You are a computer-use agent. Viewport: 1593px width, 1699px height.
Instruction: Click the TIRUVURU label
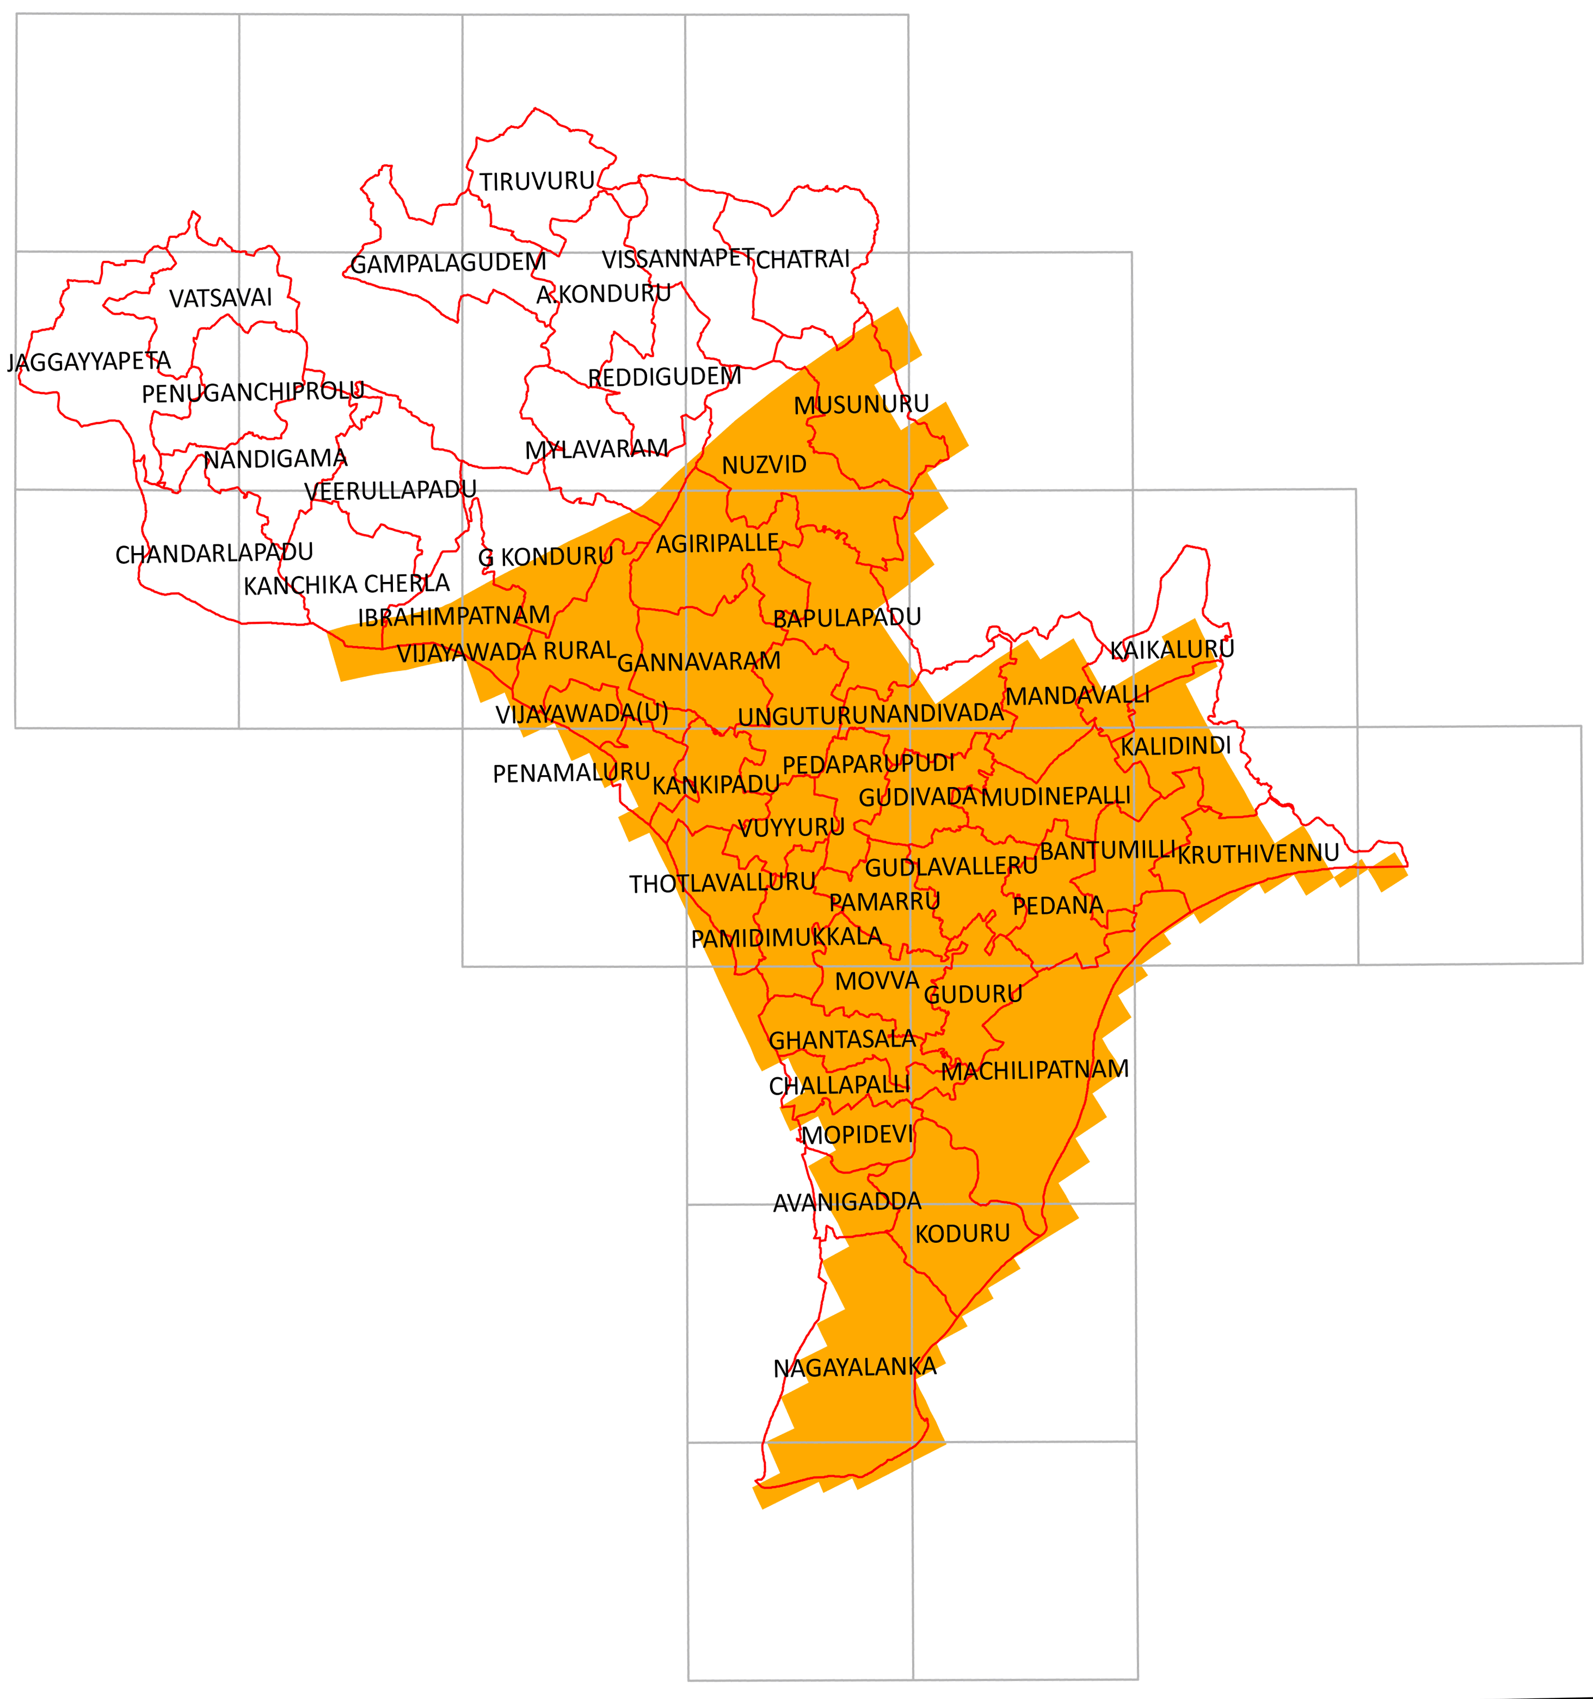(x=537, y=182)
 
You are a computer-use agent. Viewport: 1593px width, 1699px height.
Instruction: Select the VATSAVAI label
(x=220, y=298)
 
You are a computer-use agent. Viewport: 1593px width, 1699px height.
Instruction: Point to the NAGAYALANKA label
(x=854, y=1367)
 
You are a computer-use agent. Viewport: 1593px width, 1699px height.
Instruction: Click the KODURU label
(x=962, y=1233)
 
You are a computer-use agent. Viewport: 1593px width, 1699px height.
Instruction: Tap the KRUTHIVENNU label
(x=1258, y=853)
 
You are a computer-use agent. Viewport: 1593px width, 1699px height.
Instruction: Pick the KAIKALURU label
(x=1172, y=649)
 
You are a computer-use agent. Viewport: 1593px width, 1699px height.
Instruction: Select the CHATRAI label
(x=802, y=259)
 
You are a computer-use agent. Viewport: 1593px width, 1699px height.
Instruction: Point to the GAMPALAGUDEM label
(x=448, y=263)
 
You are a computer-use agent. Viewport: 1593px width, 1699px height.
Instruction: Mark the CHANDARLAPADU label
(x=214, y=554)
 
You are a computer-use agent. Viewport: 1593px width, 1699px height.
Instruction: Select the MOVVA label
(x=877, y=981)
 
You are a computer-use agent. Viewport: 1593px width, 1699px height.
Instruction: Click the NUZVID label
(x=764, y=465)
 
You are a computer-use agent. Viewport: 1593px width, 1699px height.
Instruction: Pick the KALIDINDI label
(x=1176, y=746)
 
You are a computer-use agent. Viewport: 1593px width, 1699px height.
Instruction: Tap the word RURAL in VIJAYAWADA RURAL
(x=580, y=651)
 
